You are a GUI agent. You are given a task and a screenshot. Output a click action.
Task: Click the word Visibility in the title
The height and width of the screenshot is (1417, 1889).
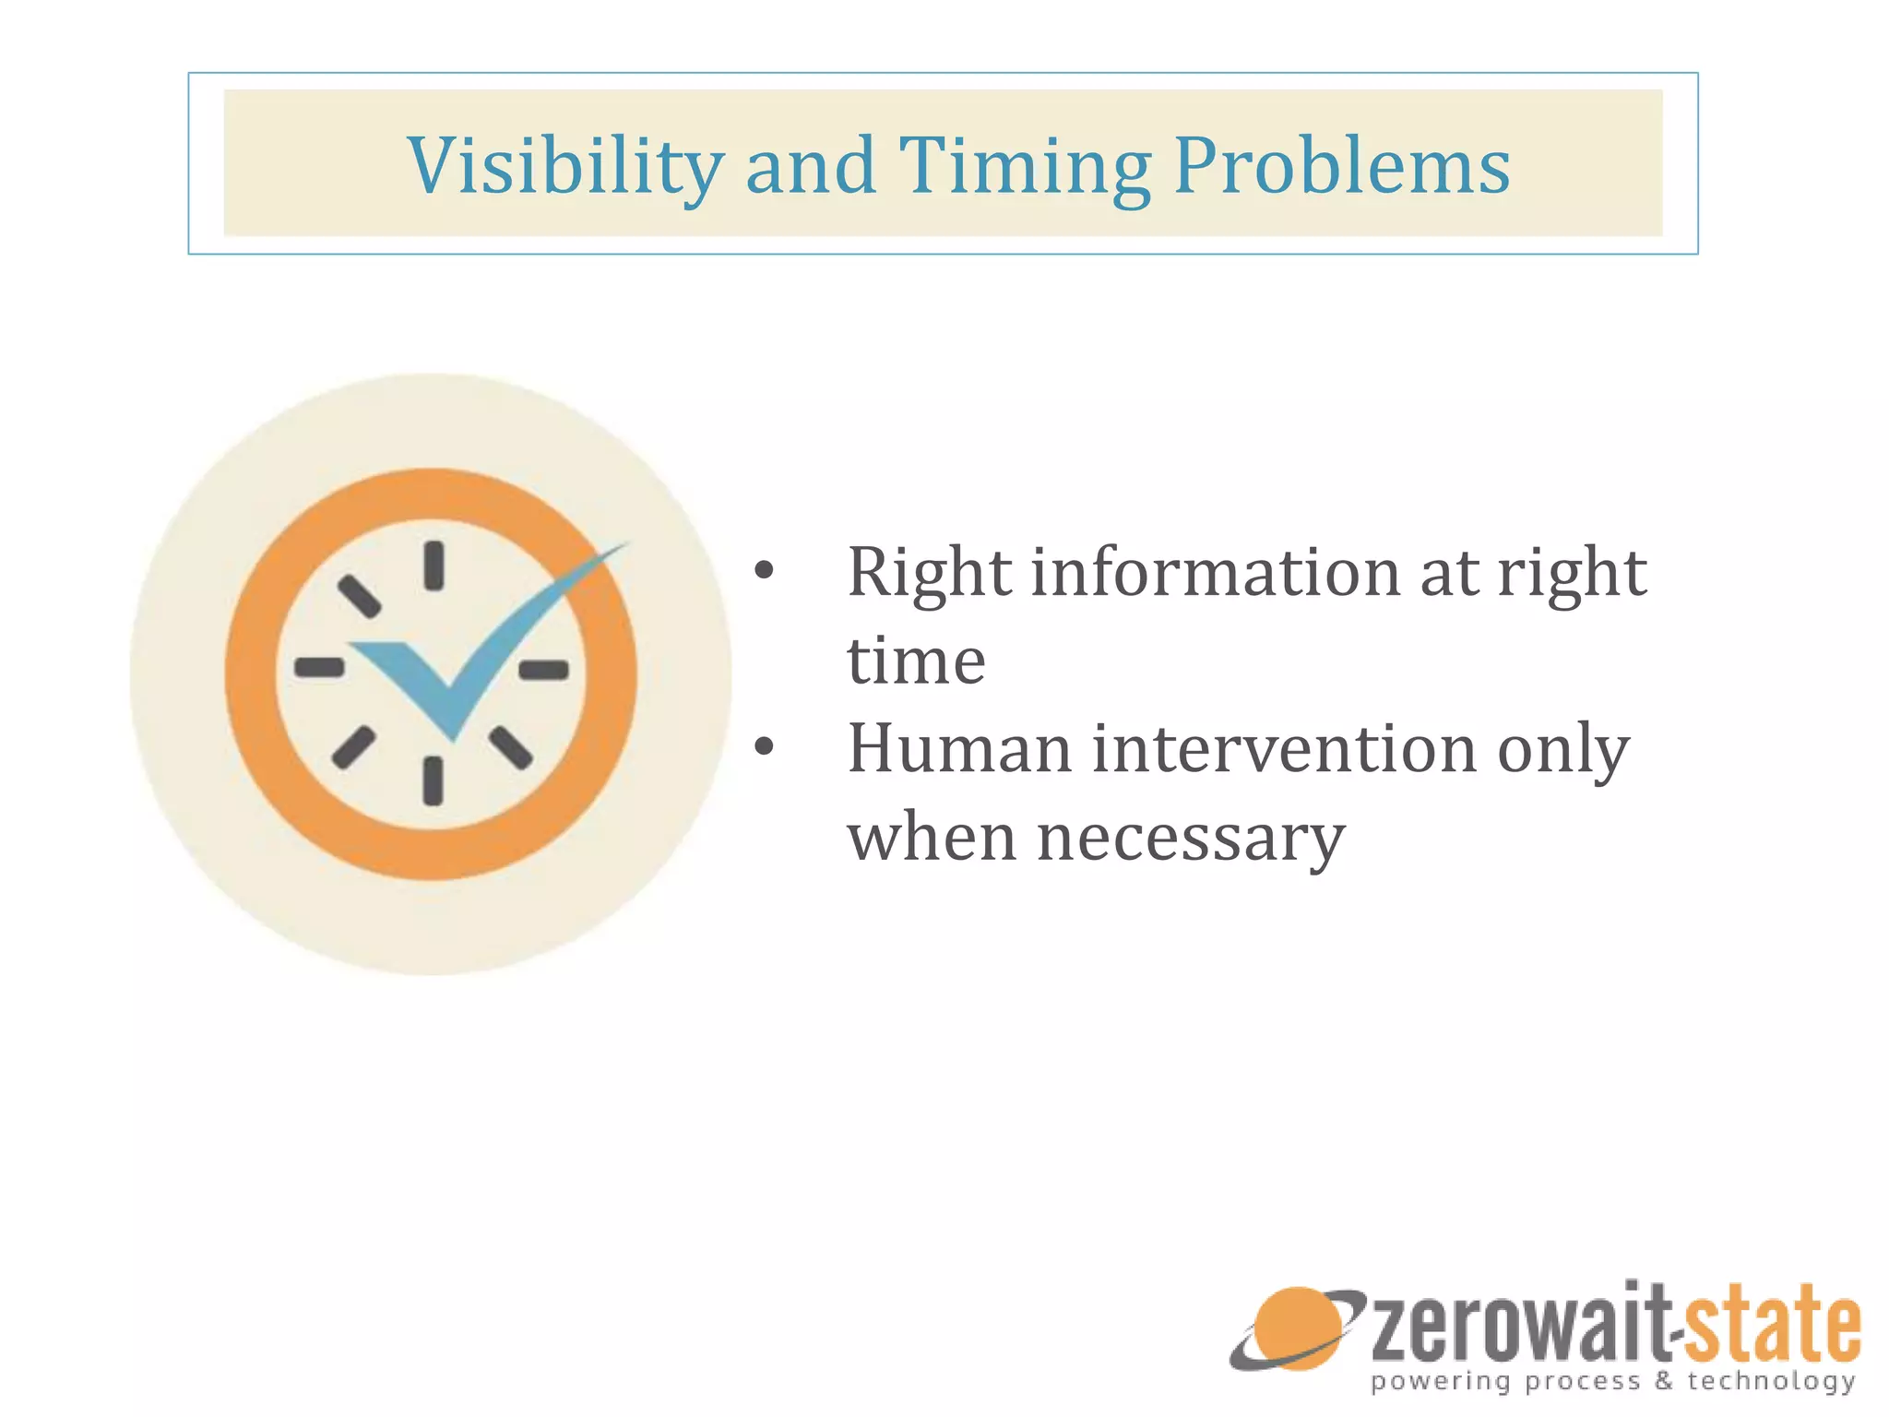[x=564, y=166]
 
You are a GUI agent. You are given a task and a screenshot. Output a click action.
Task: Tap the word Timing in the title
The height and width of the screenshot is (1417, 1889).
[x=1024, y=166]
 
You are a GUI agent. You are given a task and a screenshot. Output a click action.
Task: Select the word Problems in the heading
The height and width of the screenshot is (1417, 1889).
[x=1342, y=166]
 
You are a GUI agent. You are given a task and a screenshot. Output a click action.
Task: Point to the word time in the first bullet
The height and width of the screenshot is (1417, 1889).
[x=916, y=661]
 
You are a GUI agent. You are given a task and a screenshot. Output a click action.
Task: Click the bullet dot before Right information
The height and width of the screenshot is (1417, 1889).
[x=764, y=572]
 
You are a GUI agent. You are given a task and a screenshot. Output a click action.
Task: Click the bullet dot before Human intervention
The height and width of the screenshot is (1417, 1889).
[x=764, y=747]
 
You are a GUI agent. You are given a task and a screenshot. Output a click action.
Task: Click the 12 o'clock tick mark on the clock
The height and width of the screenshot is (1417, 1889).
[x=434, y=566]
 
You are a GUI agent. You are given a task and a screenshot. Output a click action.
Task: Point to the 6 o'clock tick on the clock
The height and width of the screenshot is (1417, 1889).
[x=433, y=780]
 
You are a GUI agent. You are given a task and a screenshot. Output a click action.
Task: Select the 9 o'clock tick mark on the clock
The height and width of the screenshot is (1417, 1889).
[x=319, y=667]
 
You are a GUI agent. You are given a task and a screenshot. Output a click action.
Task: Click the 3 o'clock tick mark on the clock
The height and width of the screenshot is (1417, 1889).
[x=544, y=670]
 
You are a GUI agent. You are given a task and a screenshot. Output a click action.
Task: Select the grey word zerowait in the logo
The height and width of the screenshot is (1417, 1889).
[x=1517, y=1326]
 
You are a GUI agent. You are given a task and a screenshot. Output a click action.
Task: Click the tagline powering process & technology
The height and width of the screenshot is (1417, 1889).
[x=1612, y=1381]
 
